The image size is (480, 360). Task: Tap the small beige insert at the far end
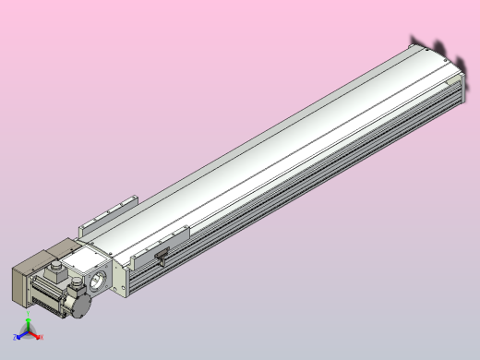point(451,60)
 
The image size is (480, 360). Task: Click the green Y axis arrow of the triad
point(28,325)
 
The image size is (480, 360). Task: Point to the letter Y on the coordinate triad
point(29,318)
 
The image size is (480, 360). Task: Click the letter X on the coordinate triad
point(42,338)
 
